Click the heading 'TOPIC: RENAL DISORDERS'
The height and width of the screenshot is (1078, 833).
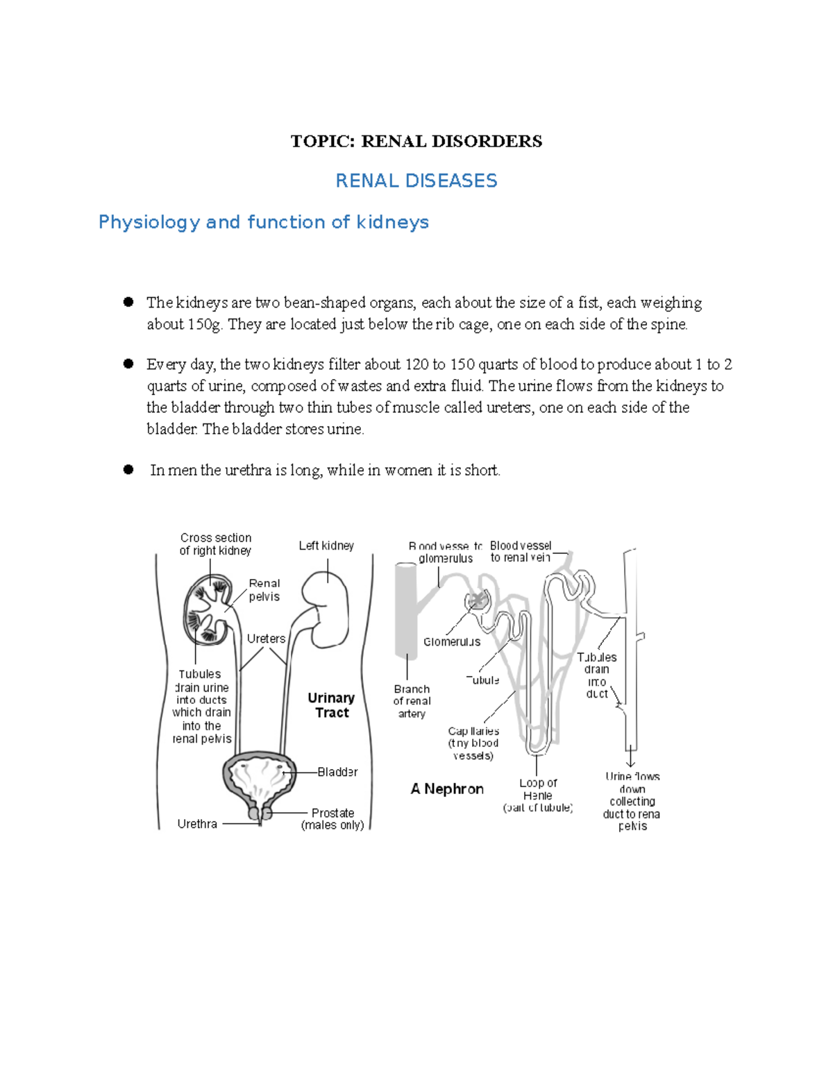click(416, 142)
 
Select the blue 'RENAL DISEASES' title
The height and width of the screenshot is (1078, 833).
click(416, 181)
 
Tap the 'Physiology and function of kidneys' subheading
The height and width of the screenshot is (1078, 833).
click(264, 222)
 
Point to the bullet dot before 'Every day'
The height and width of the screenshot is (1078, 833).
click(128, 364)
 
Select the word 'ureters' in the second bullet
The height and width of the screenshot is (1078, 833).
click(510, 407)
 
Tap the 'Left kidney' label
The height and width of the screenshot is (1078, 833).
click(326, 546)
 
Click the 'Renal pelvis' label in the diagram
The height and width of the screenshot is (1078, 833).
click(264, 590)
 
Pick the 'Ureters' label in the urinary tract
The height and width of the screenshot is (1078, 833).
click(266, 639)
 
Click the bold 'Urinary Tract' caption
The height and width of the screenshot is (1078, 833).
click(331, 705)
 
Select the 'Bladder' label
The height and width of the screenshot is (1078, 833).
click(337, 772)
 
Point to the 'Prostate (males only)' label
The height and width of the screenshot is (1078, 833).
click(333, 818)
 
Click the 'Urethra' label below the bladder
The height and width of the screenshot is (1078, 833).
click(197, 824)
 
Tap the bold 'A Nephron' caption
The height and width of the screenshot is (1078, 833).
click(447, 789)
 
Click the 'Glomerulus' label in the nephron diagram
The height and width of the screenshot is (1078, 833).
click(452, 642)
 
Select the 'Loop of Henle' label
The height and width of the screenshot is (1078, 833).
click(538, 795)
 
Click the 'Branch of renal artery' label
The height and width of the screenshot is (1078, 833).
click(412, 701)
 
